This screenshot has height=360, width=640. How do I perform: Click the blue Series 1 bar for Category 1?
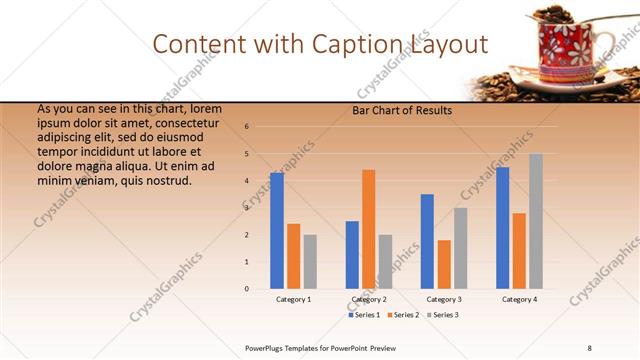[277, 231]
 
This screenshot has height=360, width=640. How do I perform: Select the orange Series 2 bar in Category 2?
[369, 229]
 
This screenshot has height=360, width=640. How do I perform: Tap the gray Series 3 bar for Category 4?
[536, 221]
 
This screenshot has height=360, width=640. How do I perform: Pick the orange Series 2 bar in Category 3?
[444, 264]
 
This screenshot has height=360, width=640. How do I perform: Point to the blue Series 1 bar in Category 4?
[502, 228]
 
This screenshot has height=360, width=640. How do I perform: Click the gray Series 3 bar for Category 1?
[310, 262]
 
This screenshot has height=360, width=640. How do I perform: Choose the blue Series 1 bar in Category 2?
[352, 255]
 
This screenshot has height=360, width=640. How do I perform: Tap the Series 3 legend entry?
[442, 315]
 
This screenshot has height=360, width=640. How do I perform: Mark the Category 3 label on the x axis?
[444, 300]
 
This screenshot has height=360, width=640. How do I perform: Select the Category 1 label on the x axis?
[293, 300]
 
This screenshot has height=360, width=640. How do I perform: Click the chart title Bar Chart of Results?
[402, 111]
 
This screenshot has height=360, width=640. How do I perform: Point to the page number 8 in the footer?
[589, 346]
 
